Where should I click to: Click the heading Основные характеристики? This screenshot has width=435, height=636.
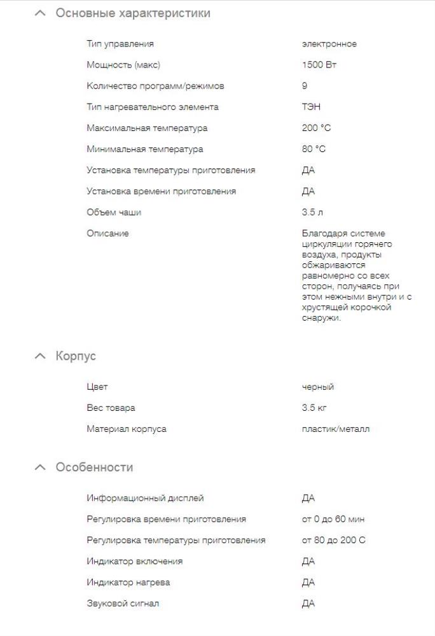133,13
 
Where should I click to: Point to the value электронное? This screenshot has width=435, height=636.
329,44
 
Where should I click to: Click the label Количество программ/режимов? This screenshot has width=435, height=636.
155,86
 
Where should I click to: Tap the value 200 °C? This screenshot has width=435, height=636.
316,128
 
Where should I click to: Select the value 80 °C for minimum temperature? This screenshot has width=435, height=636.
314,149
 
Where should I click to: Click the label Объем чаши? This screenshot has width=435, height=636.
114,212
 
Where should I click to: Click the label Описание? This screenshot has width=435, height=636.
107,233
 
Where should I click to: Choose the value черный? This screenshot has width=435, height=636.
318,387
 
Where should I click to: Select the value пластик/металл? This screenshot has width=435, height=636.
335,429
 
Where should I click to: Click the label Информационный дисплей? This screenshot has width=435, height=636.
145,498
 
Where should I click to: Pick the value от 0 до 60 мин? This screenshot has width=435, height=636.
333,519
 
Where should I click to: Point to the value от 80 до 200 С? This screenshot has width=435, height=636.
334,541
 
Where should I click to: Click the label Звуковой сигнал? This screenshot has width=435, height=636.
123,604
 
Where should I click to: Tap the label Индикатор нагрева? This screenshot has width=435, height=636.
128,583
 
